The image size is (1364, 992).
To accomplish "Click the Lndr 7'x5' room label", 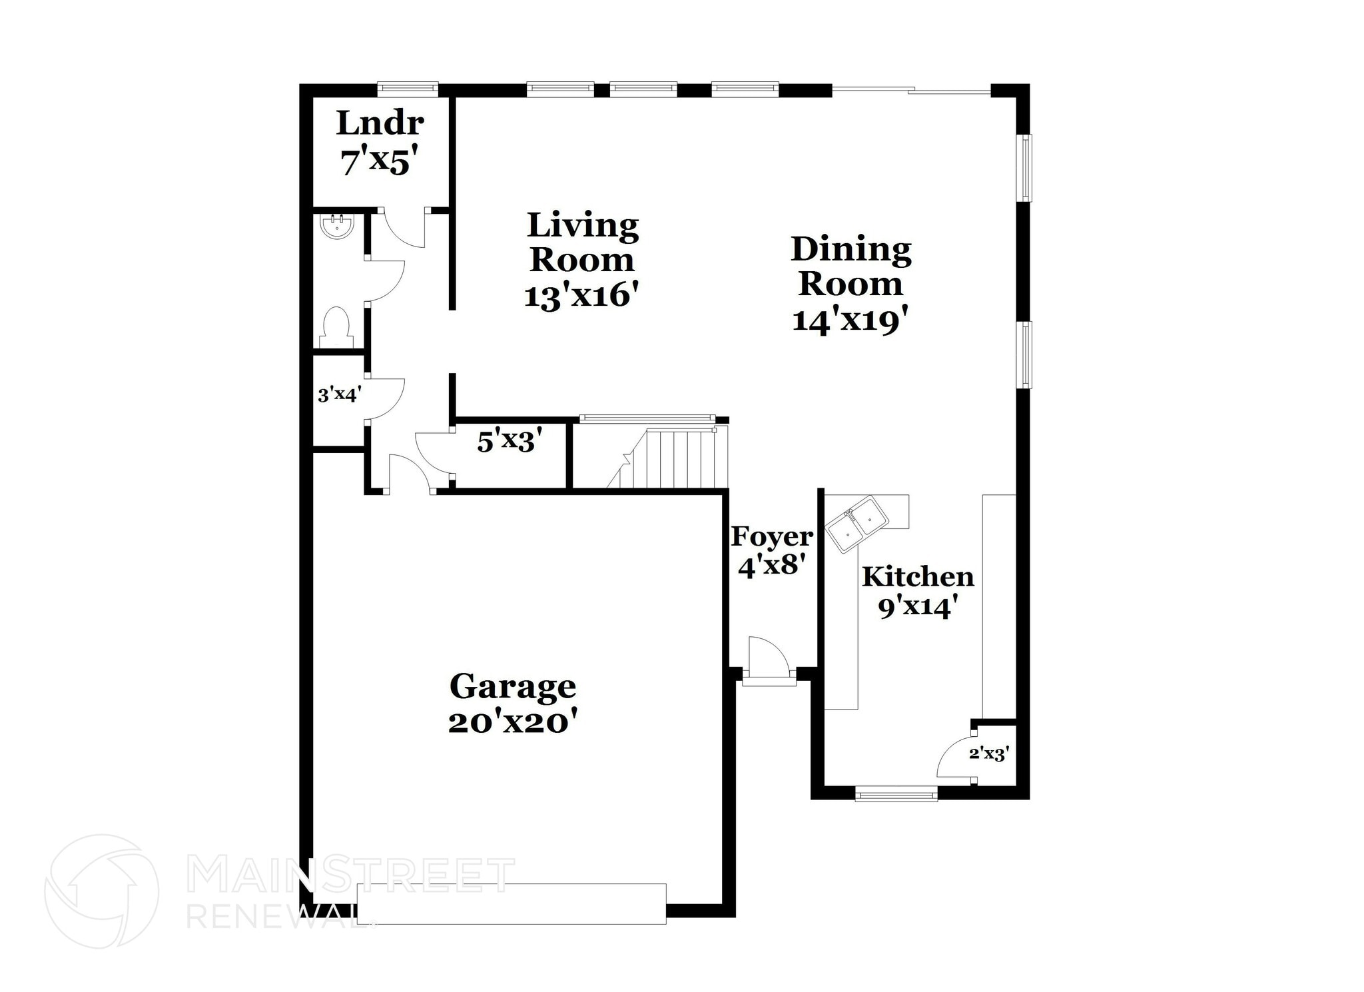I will point(380,143).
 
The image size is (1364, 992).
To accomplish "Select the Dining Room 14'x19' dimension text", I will point(850,321).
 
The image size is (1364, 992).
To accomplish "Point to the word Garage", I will point(512,686).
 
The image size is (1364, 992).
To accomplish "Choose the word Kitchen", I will point(918,577).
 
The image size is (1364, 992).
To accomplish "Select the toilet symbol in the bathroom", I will point(336,327).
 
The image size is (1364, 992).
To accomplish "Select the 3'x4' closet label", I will point(339,395).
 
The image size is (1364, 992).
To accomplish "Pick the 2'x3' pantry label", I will point(989,754).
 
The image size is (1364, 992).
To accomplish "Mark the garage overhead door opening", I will point(511,903).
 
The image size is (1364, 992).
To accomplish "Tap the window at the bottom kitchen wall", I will point(896,793).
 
